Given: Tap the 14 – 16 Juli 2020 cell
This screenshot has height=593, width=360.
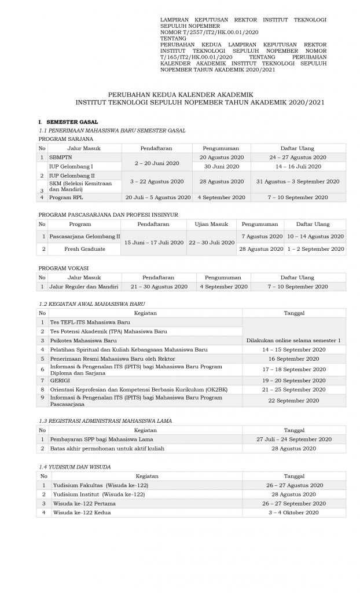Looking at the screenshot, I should click(x=297, y=166).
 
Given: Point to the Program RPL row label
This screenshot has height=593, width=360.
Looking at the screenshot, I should click(x=63, y=197).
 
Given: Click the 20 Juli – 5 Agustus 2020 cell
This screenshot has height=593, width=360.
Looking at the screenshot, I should click(x=157, y=197).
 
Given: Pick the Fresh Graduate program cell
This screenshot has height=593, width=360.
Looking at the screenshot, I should click(x=85, y=248).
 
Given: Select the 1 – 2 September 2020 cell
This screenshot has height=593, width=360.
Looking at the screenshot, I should click(x=315, y=248).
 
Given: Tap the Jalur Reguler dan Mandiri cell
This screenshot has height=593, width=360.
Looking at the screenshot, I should click(x=84, y=287).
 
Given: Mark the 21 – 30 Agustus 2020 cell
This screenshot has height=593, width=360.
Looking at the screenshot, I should click(x=159, y=287).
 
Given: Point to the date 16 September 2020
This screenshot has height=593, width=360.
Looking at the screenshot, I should click(x=295, y=359).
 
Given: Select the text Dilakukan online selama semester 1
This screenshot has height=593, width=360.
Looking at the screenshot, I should click(x=295, y=341).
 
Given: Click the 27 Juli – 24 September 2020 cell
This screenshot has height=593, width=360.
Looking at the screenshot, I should click(x=295, y=440).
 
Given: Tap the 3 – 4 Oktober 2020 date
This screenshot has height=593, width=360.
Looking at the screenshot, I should click(x=295, y=513).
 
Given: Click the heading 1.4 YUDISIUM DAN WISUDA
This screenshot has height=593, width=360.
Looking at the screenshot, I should click(x=75, y=466).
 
